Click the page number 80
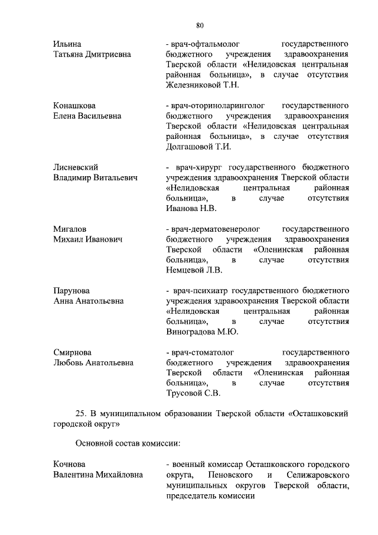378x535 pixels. (x=200, y=25)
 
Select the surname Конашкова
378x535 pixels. (x=74, y=105)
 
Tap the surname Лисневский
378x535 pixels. (x=76, y=167)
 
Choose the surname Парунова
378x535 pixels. (x=71, y=290)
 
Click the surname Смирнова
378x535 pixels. (x=73, y=352)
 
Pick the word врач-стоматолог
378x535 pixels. (x=203, y=352)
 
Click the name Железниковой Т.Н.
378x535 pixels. (x=203, y=85)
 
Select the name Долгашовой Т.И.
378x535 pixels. (x=198, y=146)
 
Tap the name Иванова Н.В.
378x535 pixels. (x=191, y=208)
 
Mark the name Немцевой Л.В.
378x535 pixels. (x=194, y=270)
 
